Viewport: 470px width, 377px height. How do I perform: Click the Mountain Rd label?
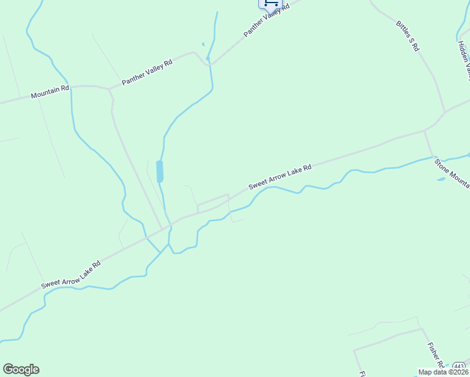[x=50, y=92]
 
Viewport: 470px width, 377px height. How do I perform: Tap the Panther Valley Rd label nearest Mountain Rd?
[x=147, y=72]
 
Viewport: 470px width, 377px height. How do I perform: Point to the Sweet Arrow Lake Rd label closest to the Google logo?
[x=71, y=275]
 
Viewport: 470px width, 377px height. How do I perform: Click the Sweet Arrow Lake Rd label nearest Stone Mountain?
[x=280, y=177]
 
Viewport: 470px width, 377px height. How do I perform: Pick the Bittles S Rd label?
[x=407, y=36]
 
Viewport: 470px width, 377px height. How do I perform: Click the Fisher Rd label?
[x=436, y=356]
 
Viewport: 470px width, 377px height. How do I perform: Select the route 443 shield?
[x=459, y=366]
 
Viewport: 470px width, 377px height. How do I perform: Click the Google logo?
[x=21, y=369]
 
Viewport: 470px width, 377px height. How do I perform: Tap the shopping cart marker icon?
[x=270, y=3]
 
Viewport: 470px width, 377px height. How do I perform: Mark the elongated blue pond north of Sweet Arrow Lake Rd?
[x=160, y=171]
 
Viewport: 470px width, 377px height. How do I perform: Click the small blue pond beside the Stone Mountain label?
[x=441, y=179]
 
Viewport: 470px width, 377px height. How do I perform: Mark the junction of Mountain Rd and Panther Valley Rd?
[x=110, y=89]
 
